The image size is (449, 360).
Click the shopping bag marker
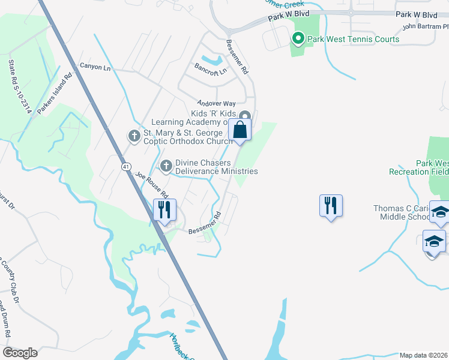[240, 130]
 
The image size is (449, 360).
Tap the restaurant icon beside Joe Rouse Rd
[163, 209]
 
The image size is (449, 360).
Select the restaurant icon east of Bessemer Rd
[331, 206]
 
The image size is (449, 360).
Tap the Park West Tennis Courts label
[353, 40]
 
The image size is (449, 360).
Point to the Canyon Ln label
[95, 67]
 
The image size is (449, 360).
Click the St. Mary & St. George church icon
[135, 137]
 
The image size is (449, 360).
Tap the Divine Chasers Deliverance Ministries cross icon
[166, 164]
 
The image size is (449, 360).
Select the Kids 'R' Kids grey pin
[244, 116]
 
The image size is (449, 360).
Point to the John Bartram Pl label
[425, 26]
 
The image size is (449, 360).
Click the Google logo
[20, 353]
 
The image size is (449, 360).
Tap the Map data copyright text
[424, 355]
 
